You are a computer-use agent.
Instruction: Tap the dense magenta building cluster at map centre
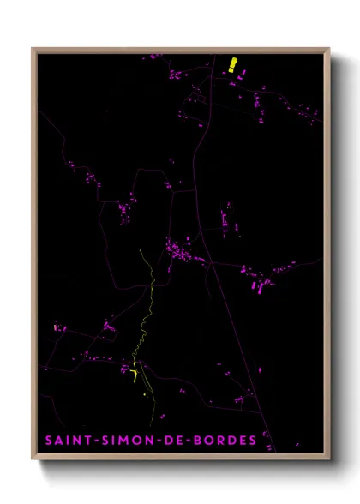[x=180, y=252]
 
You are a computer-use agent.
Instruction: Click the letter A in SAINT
[x=58, y=441]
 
